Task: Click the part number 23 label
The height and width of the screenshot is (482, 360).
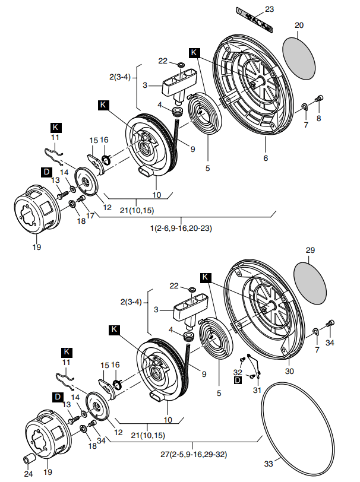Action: click(x=269, y=9)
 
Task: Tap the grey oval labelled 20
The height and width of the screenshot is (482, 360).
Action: click(x=299, y=58)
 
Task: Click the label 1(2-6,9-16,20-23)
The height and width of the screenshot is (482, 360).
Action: click(x=181, y=229)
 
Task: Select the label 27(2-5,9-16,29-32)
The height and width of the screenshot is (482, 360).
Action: click(x=194, y=454)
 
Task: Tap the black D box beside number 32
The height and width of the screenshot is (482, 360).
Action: click(x=238, y=380)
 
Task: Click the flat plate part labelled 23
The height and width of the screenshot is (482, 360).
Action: click(x=254, y=20)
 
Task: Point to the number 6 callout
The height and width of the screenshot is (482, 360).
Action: click(x=266, y=158)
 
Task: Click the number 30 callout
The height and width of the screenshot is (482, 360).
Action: click(x=289, y=371)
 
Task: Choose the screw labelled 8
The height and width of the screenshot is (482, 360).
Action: click(x=319, y=99)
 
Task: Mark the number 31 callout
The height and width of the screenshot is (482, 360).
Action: click(x=257, y=390)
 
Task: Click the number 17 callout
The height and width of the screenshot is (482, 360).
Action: click(x=90, y=215)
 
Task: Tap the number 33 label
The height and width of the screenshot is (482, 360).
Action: click(x=269, y=464)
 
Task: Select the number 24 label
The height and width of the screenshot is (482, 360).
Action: click(x=29, y=474)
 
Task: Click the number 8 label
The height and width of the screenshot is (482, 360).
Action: click(x=319, y=118)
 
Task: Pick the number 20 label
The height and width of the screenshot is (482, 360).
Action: click(x=299, y=25)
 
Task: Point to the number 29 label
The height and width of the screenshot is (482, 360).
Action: click(x=310, y=250)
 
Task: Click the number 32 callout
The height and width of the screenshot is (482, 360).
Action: click(x=238, y=372)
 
